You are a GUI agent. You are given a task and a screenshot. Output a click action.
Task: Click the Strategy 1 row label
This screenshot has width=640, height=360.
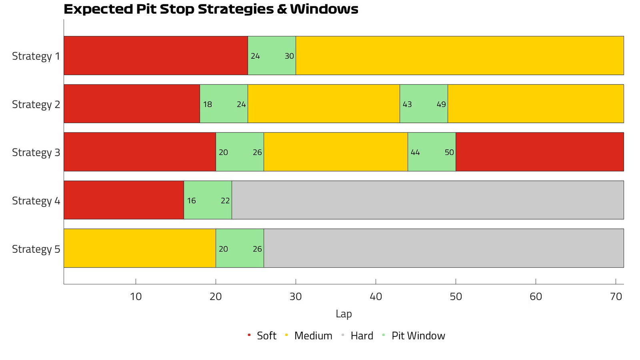36,56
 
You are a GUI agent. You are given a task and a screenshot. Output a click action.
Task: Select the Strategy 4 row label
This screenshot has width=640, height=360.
36,200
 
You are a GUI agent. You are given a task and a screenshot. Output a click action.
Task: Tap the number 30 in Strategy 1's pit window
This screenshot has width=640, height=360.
289,56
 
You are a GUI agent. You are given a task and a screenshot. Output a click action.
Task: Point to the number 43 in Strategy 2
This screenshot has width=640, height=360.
407,104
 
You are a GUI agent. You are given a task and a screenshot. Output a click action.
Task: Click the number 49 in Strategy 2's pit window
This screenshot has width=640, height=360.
441,104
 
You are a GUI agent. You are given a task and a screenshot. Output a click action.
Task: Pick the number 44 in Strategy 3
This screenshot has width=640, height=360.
415,152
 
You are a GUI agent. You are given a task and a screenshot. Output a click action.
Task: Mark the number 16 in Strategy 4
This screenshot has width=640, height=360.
192,200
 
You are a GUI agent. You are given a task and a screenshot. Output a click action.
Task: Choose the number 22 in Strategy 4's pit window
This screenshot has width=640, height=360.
225,200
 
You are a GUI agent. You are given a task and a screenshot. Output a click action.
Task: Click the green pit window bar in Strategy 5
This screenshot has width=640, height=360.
240,248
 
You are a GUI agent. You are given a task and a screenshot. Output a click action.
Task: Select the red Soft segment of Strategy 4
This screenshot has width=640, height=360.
124,200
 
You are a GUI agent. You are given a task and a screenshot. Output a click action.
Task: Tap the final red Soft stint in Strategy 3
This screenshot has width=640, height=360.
540,152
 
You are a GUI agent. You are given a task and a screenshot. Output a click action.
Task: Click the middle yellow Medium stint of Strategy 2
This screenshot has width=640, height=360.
324,104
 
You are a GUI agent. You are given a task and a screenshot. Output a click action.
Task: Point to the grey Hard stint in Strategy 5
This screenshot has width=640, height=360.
444,248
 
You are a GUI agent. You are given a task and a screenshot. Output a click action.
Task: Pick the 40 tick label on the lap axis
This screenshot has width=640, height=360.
376,296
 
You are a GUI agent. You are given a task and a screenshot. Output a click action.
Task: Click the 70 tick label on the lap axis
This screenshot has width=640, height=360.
616,296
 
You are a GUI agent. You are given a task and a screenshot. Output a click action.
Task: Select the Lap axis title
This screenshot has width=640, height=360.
344,314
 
